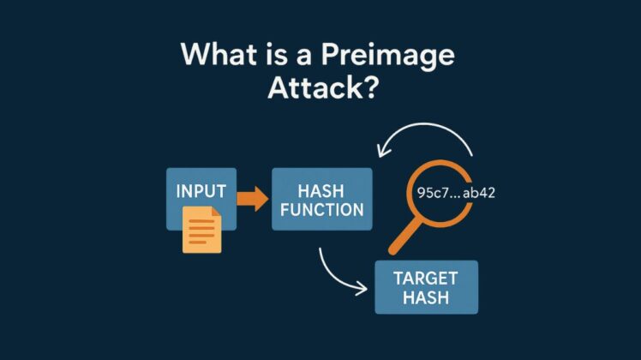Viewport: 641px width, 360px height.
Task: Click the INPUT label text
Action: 201,190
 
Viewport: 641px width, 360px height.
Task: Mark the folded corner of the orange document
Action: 215,214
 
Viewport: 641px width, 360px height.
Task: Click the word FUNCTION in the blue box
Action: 322,210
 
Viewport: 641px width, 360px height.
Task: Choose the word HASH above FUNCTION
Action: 322,188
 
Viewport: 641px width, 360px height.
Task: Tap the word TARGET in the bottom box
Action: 426,278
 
